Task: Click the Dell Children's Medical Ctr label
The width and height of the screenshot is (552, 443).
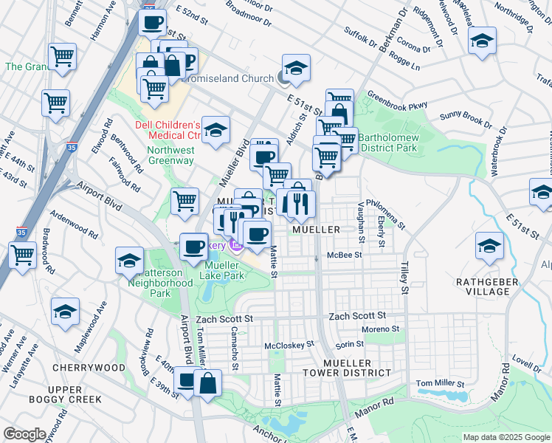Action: pos(168,130)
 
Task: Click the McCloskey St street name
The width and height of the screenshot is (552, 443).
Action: pos(289,344)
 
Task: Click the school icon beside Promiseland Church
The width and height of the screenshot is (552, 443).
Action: pos(296,69)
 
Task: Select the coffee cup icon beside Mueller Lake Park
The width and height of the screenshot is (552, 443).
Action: pos(193,246)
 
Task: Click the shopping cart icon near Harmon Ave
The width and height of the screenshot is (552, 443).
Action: pos(62,55)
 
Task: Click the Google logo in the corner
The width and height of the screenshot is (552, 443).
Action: pos(24,434)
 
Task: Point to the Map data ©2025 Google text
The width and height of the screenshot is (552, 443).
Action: pos(506,437)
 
